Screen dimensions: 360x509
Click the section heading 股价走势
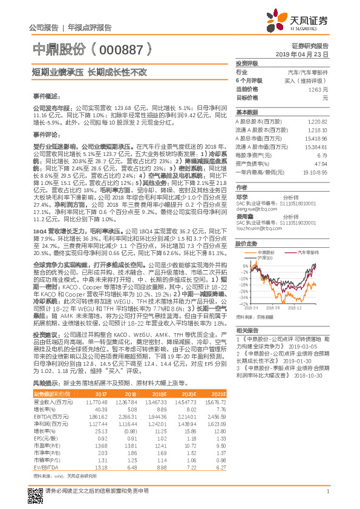(x=246, y=244)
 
